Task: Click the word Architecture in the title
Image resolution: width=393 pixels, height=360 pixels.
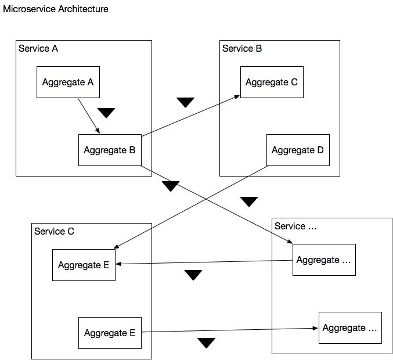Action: [83, 9]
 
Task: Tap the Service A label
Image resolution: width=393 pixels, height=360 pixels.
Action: [38, 49]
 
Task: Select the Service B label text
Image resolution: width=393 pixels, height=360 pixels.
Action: [242, 49]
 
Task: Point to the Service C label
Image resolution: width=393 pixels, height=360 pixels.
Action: [54, 232]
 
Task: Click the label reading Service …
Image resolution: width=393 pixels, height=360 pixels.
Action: [295, 226]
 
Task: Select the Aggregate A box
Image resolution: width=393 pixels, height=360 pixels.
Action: [68, 82]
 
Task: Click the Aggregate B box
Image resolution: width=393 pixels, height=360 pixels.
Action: [110, 150]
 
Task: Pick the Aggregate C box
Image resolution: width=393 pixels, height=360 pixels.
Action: [272, 82]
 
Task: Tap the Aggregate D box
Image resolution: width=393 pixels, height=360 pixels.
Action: [298, 150]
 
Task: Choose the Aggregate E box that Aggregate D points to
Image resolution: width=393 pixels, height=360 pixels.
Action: [84, 265]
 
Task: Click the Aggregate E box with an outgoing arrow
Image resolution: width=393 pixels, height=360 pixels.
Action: [110, 333]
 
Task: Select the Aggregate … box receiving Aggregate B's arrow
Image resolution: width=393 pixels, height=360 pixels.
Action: [324, 260]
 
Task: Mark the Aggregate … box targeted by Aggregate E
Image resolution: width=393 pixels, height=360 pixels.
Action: [350, 327]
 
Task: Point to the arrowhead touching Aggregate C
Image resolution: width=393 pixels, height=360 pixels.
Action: [237, 97]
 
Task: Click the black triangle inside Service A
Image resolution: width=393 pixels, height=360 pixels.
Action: [106, 112]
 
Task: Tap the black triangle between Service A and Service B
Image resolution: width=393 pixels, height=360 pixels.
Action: [185, 102]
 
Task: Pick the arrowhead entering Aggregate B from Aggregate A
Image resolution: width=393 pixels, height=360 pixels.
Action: [98, 131]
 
